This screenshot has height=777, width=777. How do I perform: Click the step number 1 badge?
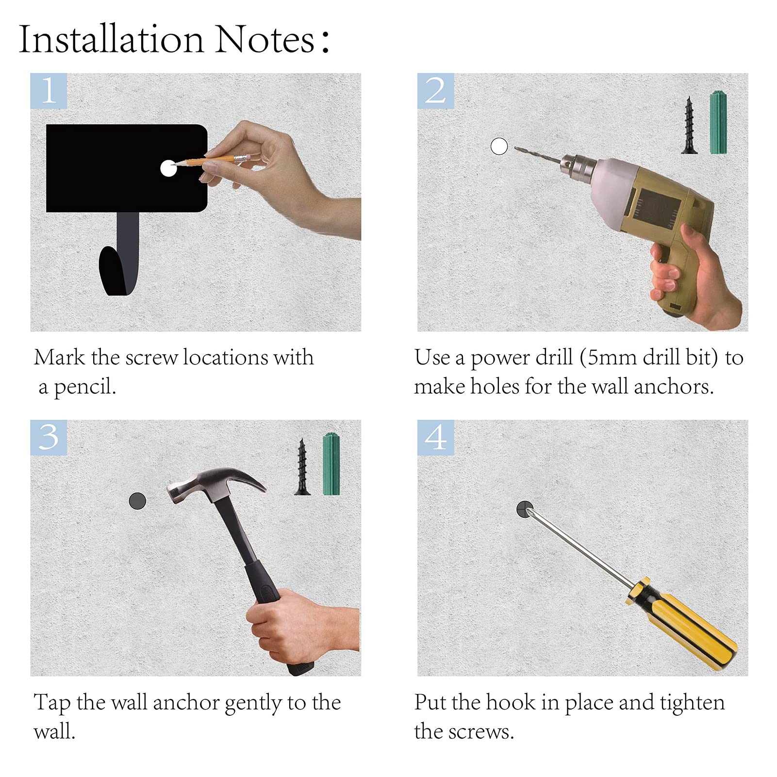tap(49, 91)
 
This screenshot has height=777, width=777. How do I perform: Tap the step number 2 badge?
tap(436, 91)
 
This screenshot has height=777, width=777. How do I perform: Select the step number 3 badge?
tap(49, 437)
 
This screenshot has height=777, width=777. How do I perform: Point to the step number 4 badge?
tap(436, 437)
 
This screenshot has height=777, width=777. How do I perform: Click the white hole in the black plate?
tap(168, 168)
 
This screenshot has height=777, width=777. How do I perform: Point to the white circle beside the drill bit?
tap(499, 146)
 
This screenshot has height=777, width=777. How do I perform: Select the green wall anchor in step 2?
tap(718, 122)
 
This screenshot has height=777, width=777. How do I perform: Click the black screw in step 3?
tap(302, 467)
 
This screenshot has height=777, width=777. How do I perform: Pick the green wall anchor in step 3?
tap(331, 464)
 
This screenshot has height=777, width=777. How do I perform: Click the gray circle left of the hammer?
tap(137, 501)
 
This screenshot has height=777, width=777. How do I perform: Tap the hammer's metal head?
tap(214, 483)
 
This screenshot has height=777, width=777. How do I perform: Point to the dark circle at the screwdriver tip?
tap(525, 510)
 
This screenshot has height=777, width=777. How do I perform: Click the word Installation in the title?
tap(111, 39)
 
